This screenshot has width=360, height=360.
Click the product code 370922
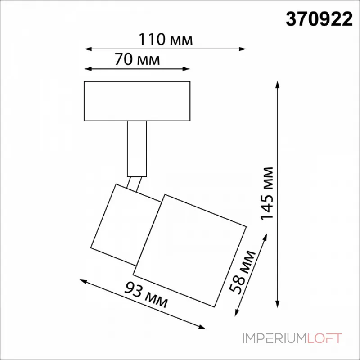(319, 19)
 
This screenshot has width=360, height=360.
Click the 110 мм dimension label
(166, 40)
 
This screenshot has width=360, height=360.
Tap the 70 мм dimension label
(137, 59)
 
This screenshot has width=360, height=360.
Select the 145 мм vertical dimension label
(267, 193)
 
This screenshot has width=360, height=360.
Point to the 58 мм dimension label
(243, 272)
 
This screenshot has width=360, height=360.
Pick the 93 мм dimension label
(146, 295)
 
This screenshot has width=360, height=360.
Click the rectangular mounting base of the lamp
(137, 101)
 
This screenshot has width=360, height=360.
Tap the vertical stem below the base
(137, 149)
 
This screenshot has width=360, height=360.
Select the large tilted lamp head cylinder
(189, 251)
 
